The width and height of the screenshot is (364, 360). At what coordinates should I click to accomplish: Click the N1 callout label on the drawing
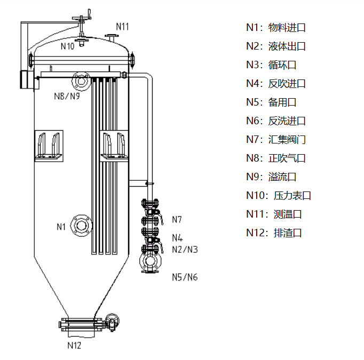pyautogui.click(x=61, y=227)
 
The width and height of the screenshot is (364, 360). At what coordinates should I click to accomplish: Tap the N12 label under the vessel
pyautogui.click(x=74, y=345)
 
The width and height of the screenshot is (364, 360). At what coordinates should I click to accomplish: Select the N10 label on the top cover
pyautogui.click(x=68, y=46)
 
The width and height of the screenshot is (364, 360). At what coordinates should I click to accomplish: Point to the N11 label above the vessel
pyautogui.click(x=122, y=26)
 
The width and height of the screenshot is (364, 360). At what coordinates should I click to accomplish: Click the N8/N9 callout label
pyautogui.click(x=67, y=96)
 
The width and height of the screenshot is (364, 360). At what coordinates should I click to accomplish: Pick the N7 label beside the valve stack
pyautogui.click(x=177, y=219)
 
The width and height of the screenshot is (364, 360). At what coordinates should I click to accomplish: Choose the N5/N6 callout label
pyautogui.click(x=185, y=277)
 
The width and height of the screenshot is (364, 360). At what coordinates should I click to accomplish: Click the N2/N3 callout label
pyautogui.click(x=185, y=249)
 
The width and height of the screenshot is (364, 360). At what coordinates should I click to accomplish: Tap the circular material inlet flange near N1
pyautogui.click(x=81, y=226)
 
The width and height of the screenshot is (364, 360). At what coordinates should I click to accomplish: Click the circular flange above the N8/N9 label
pyautogui.click(x=80, y=81)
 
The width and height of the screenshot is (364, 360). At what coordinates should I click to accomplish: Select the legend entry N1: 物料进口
pyautogui.click(x=275, y=28)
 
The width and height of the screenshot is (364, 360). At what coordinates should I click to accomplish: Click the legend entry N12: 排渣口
pyautogui.click(x=274, y=233)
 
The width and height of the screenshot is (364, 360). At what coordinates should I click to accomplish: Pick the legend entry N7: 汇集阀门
pyautogui.click(x=275, y=140)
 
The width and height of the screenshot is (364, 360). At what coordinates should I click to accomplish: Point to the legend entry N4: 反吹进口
pyautogui.click(x=275, y=84)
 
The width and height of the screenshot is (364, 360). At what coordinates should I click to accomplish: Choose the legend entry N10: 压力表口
pyautogui.click(x=278, y=195)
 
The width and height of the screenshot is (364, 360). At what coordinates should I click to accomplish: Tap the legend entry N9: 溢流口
pyautogui.click(x=271, y=177)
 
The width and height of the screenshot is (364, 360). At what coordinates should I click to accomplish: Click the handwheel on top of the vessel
pyautogui.click(x=81, y=20)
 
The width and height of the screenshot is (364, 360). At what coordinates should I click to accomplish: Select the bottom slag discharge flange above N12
pyautogui.click(x=80, y=323)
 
